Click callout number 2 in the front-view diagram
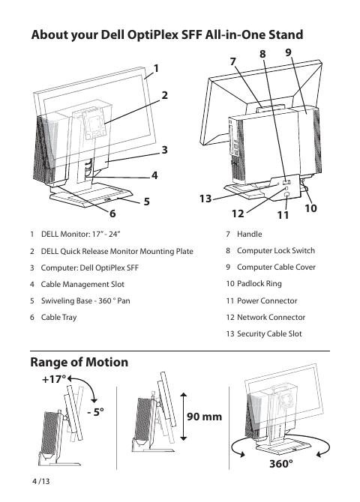click(164, 95)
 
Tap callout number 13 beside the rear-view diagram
click(205, 199)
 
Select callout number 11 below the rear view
click(283, 215)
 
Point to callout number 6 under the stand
click(112, 214)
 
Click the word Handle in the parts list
click(250, 234)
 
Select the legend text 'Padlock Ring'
click(259, 284)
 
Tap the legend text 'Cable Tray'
click(59, 317)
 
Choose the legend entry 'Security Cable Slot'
click(269, 333)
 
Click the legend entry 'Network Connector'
click(271, 317)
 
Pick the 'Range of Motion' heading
click(79, 362)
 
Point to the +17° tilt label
click(54, 379)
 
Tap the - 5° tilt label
click(95, 412)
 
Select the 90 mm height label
click(204, 417)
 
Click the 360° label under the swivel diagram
click(281, 463)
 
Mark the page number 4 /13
click(41, 481)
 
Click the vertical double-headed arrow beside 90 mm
click(183, 417)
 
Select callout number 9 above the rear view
click(288, 52)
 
